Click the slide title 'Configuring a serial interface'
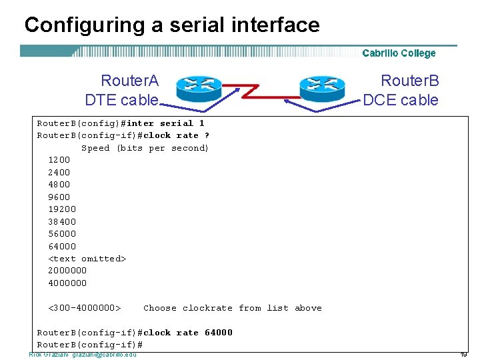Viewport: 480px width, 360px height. [172, 25]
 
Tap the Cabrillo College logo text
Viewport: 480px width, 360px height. [399, 53]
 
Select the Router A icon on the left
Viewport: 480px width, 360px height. [199, 87]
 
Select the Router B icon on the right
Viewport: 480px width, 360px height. [323, 87]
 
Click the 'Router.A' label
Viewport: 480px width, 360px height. [129, 81]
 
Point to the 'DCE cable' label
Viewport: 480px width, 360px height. [401, 100]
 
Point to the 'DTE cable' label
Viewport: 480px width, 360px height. [121, 100]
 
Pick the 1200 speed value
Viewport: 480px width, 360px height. [59, 160]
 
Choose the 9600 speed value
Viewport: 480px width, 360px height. [59, 197]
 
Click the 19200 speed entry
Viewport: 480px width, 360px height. [61, 209]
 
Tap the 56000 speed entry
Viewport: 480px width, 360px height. [61, 233]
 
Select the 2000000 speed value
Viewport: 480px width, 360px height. [67, 271]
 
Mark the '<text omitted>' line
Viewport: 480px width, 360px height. [87, 259]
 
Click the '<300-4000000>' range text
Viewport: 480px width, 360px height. [84, 308]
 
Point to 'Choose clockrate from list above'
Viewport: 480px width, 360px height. [232, 308]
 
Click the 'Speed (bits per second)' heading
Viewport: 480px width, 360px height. [145, 148]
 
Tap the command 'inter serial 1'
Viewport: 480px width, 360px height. [165, 123]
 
